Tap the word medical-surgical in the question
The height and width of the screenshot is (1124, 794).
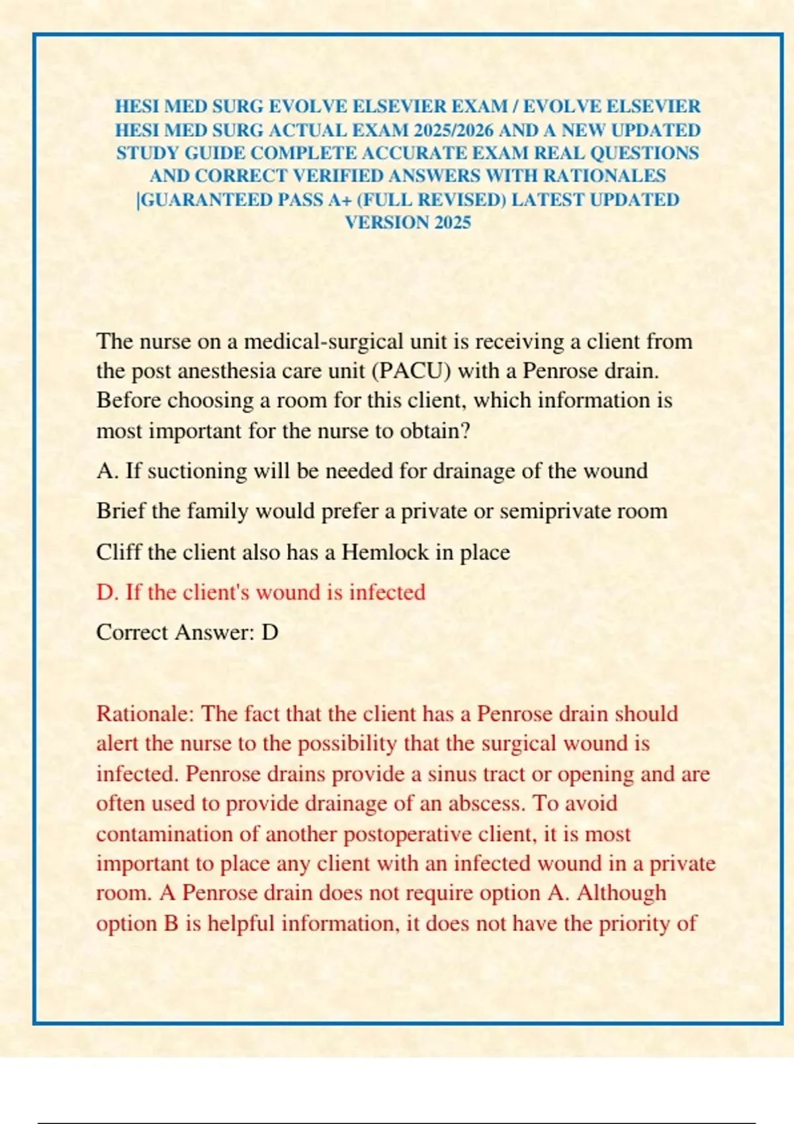click(x=324, y=341)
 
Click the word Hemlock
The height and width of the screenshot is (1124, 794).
click(x=376, y=552)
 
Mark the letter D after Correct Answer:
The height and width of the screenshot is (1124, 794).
click(x=269, y=633)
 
